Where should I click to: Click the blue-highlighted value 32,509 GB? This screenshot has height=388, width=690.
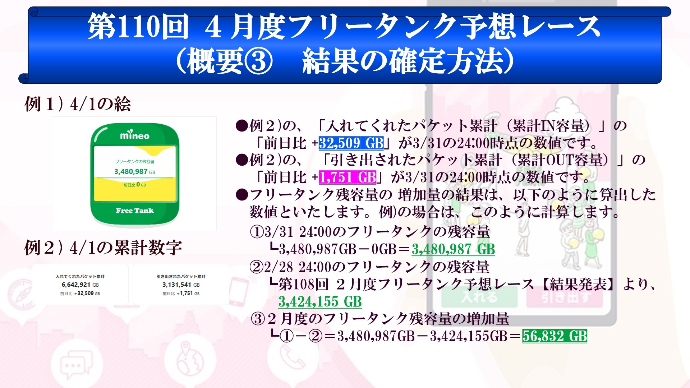[x=351, y=143]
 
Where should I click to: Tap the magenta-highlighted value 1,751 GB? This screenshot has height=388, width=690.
[x=348, y=177]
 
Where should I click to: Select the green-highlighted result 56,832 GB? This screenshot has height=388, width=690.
[x=555, y=336]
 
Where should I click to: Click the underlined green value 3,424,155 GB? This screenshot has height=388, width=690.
[x=320, y=302]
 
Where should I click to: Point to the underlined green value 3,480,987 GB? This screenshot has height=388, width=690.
[x=453, y=249]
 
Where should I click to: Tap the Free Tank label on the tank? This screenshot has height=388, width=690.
[x=135, y=211]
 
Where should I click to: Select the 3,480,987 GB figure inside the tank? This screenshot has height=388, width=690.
[x=135, y=172]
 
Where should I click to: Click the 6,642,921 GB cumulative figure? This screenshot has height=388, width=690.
[x=80, y=285]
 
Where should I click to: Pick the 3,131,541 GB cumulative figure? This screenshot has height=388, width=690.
[x=181, y=285]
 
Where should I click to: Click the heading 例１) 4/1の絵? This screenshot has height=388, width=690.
[x=78, y=104]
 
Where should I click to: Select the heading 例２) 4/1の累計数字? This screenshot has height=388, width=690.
[x=103, y=248]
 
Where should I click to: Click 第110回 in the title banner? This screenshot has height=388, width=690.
[x=138, y=27]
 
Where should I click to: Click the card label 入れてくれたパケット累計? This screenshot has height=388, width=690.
[x=80, y=276]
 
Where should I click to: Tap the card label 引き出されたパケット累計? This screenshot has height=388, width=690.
[x=181, y=276]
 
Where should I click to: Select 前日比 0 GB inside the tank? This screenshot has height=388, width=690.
[x=135, y=185]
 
